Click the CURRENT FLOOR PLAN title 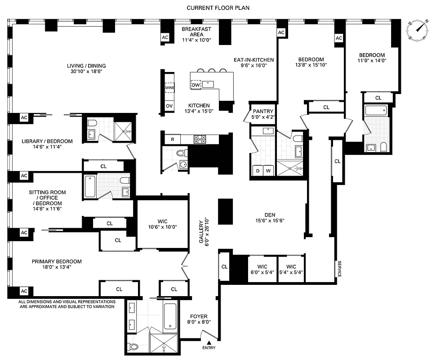pyautogui.click(x=218, y=8)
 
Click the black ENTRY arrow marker pyautogui.click(x=209, y=342)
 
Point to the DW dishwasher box pyautogui.click(x=196, y=85)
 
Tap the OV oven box pyautogui.click(x=169, y=106)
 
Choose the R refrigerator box pyautogui.click(x=173, y=139)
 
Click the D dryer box pyautogui.click(x=258, y=170)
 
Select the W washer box pyautogui.click(x=269, y=170)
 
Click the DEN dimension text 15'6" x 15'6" pyautogui.click(x=270, y=220)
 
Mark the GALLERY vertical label pyautogui.click(x=204, y=230)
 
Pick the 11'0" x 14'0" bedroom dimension pyautogui.click(x=372, y=60)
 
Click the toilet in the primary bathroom pyautogui.click(x=132, y=347)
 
